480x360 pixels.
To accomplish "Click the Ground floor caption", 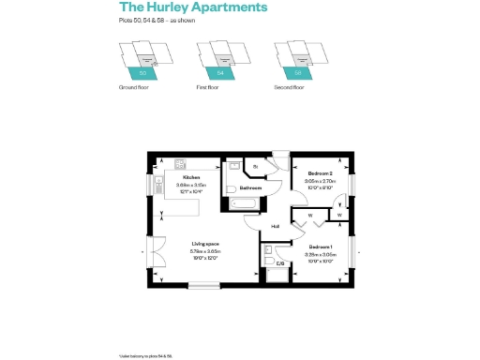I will tap(134, 87).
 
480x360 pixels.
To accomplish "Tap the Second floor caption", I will tap(289, 87).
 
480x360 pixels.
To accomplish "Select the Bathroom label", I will tap(249, 187).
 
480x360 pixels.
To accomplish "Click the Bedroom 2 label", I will tap(322, 173).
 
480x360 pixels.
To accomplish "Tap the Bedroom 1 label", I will tap(321, 246).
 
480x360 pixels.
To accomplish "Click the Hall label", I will tap(276, 226).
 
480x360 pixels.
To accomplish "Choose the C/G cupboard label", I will tap(279, 263).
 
